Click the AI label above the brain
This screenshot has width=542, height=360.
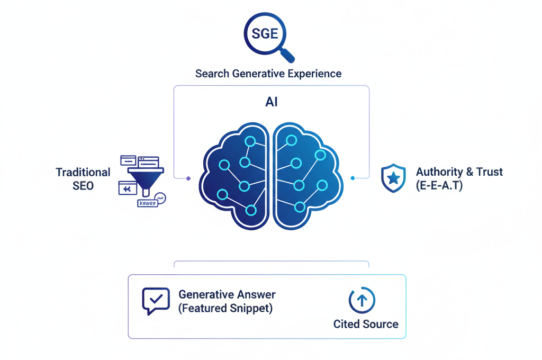point(272,102)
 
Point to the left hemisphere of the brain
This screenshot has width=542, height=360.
point(236,176)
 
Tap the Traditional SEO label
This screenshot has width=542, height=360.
point(83,178)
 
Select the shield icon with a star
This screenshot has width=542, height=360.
point(393,178)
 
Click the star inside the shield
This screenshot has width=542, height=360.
point(393,178)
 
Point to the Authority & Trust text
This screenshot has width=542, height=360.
point(459,172)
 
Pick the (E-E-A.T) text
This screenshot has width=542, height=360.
point(439,185)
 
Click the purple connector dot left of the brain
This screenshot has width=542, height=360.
point(188,178)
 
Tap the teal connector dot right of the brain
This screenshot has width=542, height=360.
point(353,178)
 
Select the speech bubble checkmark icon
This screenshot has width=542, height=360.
point(156,300)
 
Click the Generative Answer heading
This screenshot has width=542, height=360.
point(227,294)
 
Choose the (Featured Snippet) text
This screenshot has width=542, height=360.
point(225,308)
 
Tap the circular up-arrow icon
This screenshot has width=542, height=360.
point(362,300)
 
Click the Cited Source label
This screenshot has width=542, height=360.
point(366,323)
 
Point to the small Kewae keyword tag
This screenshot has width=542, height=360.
point(147,203)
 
